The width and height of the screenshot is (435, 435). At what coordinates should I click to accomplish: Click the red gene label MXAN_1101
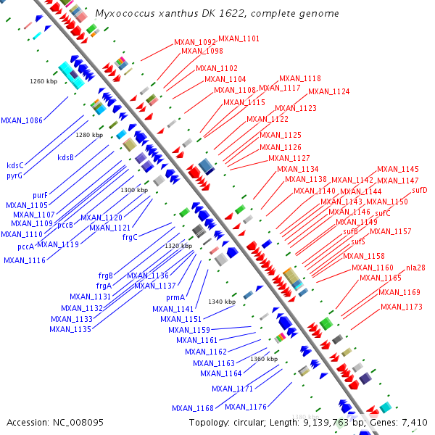[x=239, y=38]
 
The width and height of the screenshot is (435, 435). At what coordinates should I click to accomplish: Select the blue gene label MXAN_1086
[x=22, y=120]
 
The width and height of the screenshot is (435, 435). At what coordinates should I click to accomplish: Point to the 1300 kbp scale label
[x=134, y=190]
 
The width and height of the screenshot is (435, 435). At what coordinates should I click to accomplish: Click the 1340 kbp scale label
[x=223, y=302]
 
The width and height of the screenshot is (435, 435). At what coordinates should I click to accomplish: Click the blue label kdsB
[x=66, y=157]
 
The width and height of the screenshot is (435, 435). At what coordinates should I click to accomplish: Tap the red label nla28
[x=415, y=268]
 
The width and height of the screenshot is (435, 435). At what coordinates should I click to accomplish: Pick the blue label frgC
[x=130, y=237]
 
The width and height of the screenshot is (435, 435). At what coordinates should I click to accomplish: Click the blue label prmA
[x=176, y=297]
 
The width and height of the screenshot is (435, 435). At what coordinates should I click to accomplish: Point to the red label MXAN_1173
[x=401, y=307]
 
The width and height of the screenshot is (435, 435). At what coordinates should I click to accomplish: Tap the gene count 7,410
[x=414, y=422]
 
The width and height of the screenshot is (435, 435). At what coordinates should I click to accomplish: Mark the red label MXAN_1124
[x=328, y=91]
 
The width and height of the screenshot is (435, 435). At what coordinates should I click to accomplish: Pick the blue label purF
[x=40, y=195]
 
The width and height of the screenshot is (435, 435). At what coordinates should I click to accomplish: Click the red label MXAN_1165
[x=381, y=278]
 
